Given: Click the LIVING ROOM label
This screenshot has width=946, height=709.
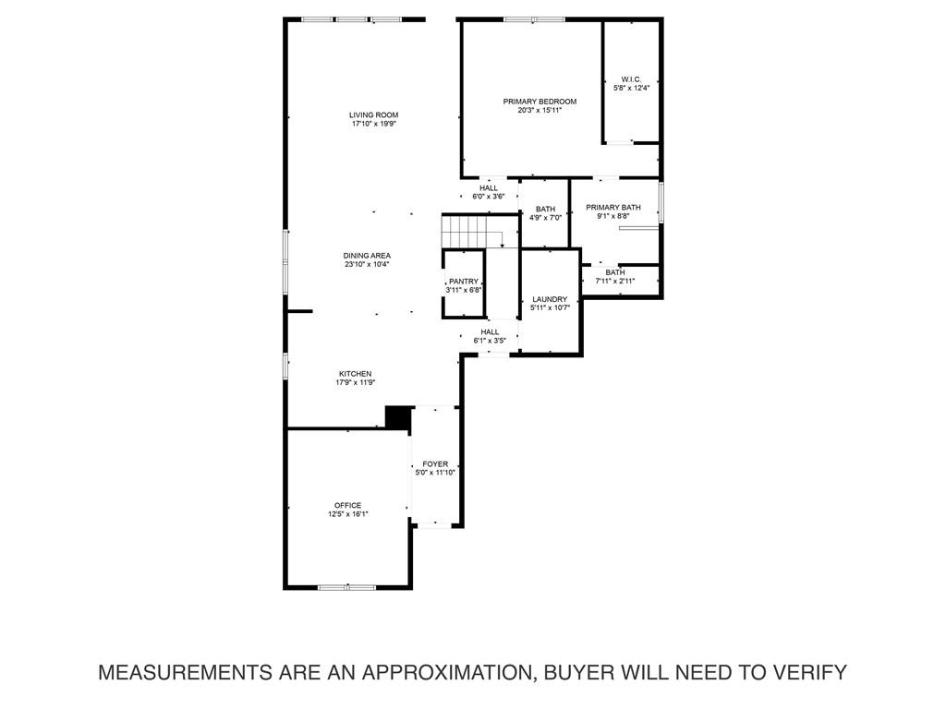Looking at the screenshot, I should coord(373,115).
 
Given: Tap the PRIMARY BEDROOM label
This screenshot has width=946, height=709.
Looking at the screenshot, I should coord(540,102).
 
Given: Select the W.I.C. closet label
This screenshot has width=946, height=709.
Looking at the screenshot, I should coord(631,79).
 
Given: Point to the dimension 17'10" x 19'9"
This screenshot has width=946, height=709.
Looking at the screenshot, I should coord(373,125).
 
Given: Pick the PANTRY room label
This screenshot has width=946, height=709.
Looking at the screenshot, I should coord(463,282).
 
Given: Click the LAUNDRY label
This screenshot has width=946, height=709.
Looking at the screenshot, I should coord(550,299).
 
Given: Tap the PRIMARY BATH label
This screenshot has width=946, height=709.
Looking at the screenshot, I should coord(612,208).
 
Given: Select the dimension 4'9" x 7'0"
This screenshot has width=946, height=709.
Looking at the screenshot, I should coord(545,218).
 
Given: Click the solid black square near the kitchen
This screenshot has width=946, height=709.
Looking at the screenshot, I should coord(397,417).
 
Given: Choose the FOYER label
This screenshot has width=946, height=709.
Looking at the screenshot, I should coord(435,463).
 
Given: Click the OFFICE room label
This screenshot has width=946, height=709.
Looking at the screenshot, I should coord(347,505).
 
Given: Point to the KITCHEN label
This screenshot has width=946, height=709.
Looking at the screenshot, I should coord(355,374).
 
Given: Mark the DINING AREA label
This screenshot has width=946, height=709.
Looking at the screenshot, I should coord(367,256).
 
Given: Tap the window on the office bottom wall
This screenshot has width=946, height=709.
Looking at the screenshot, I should coord(346,587).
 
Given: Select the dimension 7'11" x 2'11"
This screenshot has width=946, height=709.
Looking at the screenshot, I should coord(614,281).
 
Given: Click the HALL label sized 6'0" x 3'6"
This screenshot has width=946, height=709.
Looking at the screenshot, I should coord(488,187).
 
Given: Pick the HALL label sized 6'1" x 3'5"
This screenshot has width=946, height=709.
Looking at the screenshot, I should coord(490,331).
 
